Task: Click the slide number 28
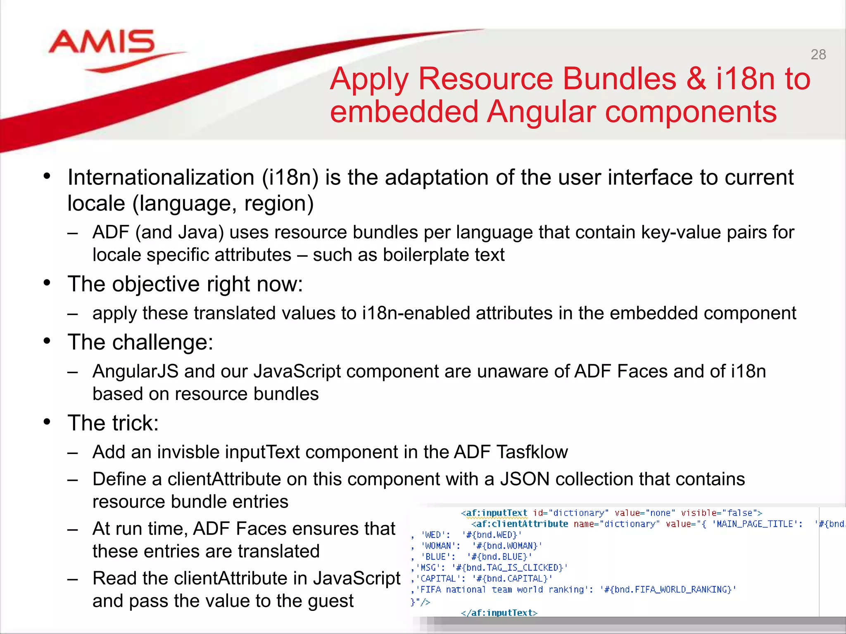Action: (818, 54)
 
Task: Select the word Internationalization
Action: (161, 177)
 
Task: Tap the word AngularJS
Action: (135, 371)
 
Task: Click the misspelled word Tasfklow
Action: (532, 452)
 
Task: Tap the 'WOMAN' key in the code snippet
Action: (438, 546)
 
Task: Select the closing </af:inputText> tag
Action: (499, 613)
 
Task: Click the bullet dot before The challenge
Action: (47, 341)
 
